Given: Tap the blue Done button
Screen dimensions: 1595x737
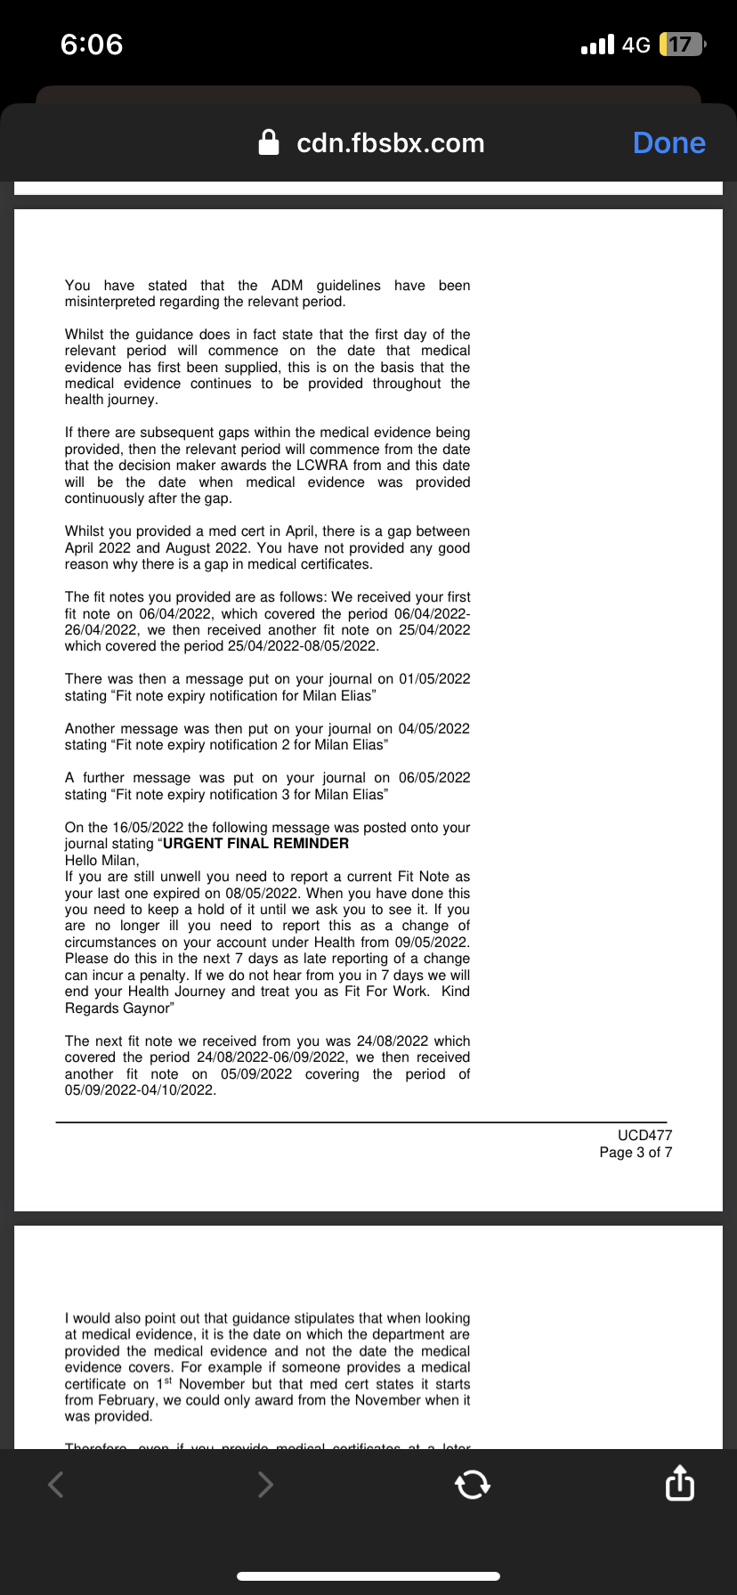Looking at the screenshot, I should [x=668, y=143].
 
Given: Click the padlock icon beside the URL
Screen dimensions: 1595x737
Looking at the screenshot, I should [x=269, y=142].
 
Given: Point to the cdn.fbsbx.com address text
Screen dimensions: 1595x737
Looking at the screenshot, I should [x=390, y=143].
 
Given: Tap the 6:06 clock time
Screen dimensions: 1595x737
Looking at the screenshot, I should [x=92, y=45].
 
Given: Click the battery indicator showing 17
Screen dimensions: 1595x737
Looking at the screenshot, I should [x=681, y=45].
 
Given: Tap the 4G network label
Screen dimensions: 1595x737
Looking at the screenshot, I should [x=636, y=45].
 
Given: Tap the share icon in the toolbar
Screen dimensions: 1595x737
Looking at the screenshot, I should [x=679, y=1484].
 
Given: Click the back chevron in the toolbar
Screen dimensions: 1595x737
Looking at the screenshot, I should [x=56, y=1484].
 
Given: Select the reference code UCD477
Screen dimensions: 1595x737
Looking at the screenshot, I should [x=644, y=1136].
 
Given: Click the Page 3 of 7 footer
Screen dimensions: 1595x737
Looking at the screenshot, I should [x=636, y=1153].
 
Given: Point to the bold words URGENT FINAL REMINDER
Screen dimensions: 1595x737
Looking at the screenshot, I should [x=256, y=844].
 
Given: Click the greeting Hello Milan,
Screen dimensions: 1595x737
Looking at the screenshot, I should [x=102, y=861].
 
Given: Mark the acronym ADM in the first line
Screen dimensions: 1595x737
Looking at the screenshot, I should [x=287, y=286].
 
